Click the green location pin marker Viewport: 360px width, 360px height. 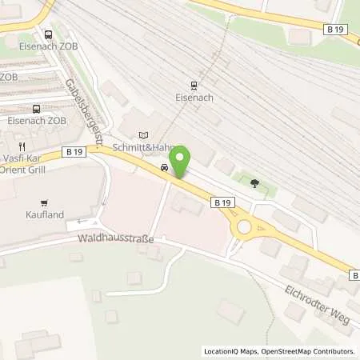coord(180,161)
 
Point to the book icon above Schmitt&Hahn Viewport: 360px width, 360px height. coord(144,135)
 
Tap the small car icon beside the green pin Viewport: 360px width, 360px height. coord(164,168)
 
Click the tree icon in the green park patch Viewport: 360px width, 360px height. coord(254,183)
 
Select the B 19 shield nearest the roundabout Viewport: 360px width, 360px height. coord(222,204)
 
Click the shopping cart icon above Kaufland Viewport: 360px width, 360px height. coord(44,202)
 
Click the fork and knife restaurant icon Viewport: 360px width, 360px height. coord(24,146)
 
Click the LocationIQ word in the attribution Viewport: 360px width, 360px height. coord(219,351)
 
